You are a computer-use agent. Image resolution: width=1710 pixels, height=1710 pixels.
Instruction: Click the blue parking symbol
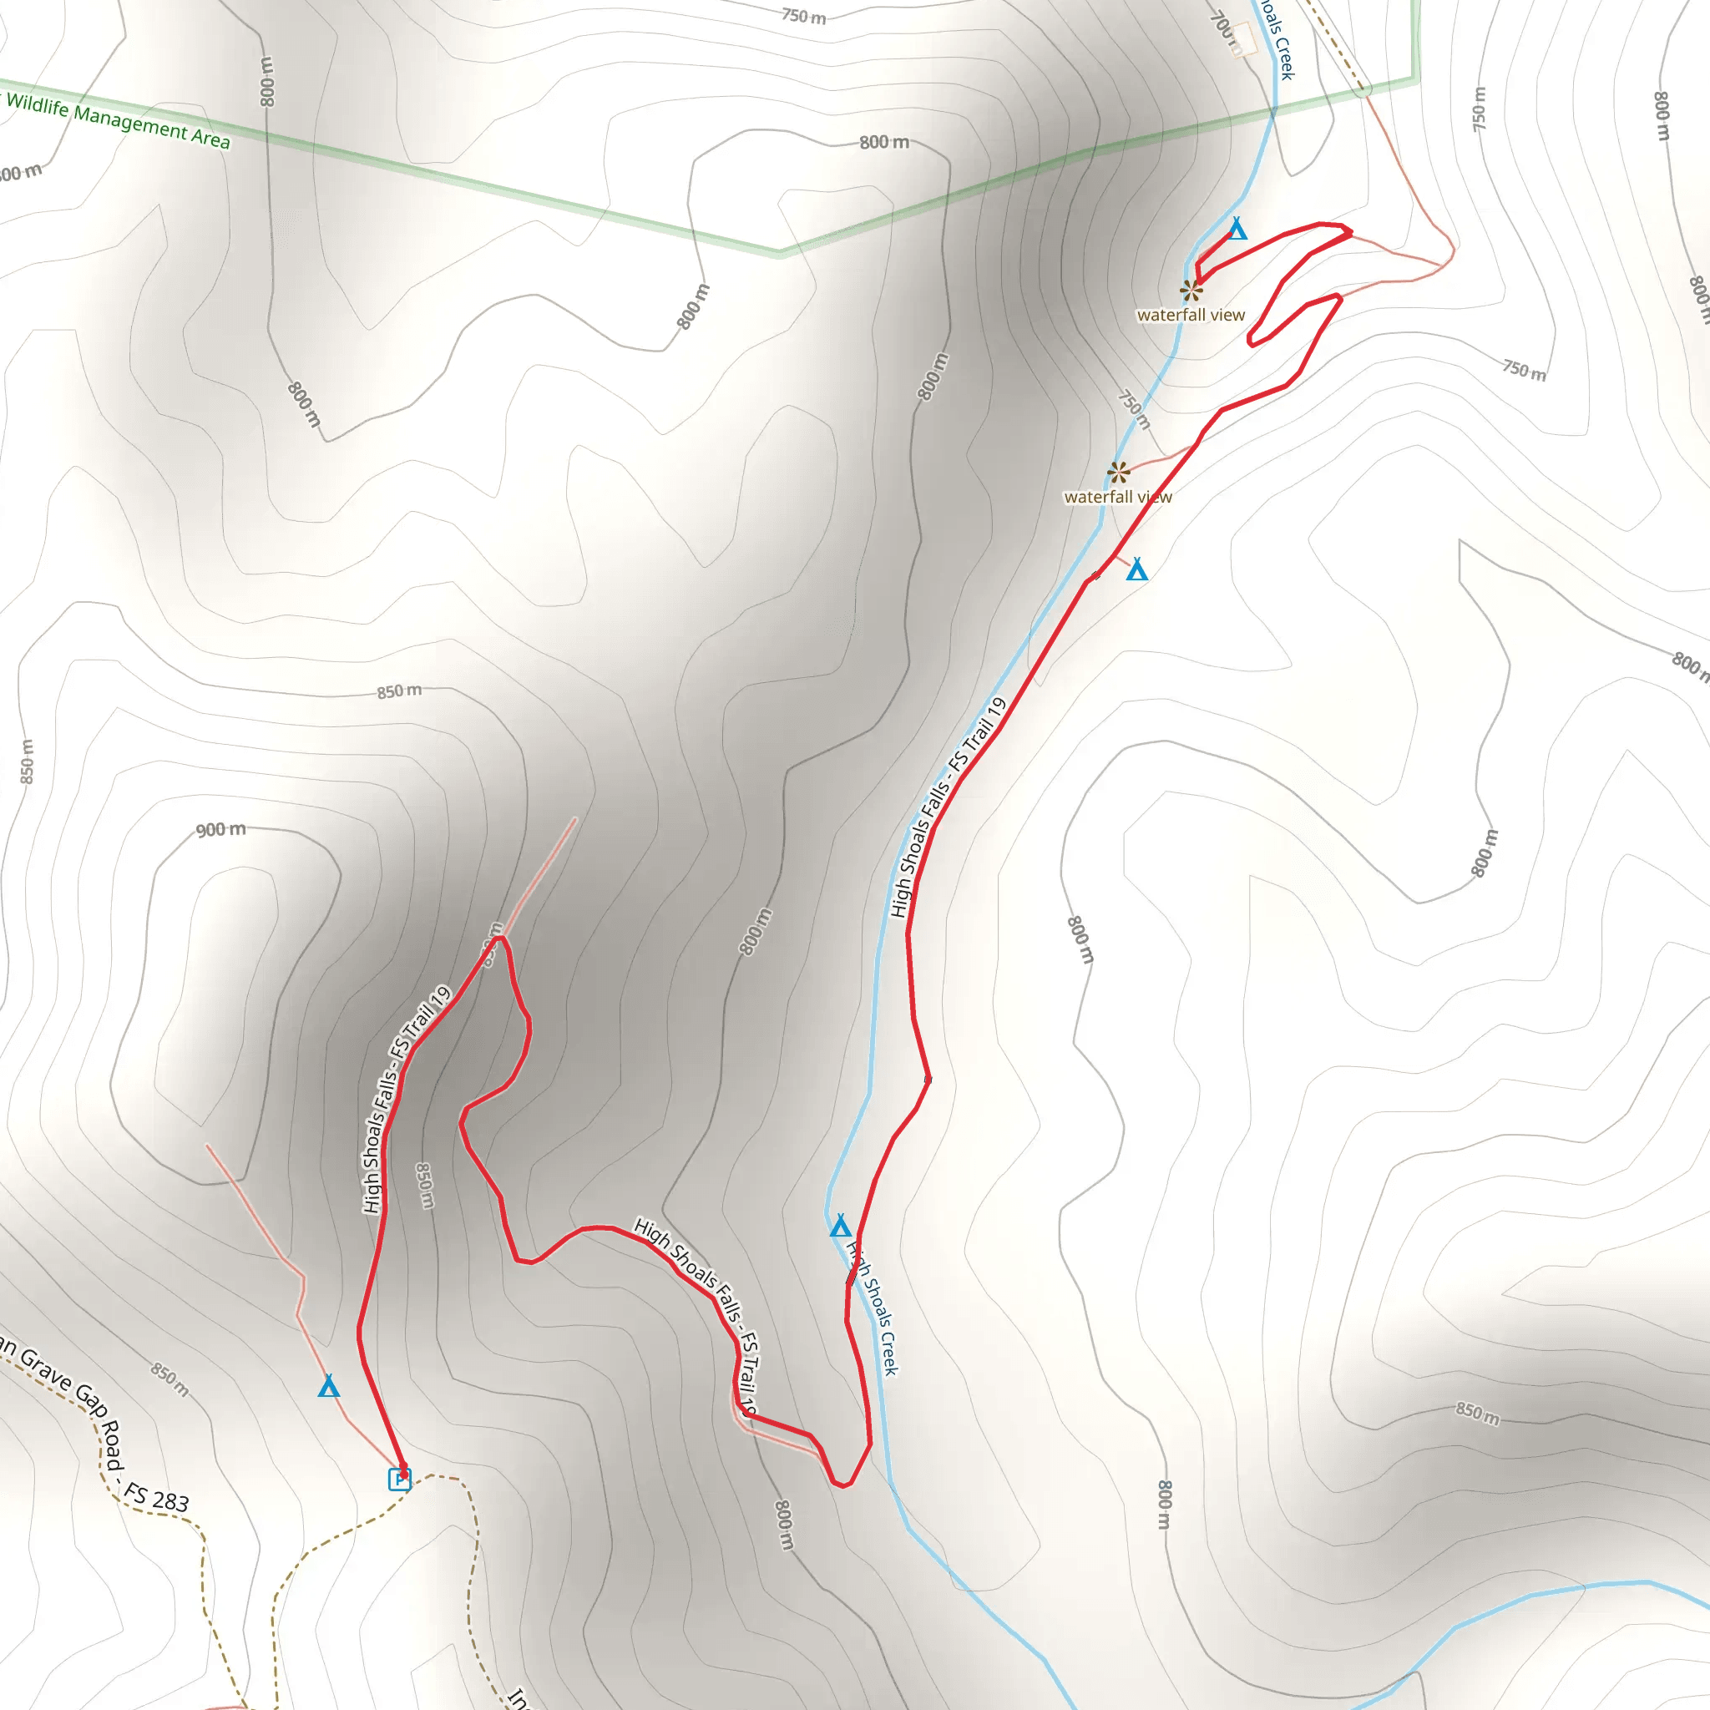[x=400, y=1479]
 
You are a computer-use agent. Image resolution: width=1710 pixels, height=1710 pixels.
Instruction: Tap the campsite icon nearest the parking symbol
[x=328, y=1385]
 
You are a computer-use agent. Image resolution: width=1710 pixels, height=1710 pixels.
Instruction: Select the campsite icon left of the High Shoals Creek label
[x=840, y=1226]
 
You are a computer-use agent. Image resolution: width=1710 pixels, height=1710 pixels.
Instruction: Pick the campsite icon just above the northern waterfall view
[x=1237, y=230]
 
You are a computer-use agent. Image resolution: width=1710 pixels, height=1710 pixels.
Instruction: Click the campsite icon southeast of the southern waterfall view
[x=1136, y=569]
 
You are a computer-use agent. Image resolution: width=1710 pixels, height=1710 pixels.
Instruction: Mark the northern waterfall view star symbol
[x=1191, y=290]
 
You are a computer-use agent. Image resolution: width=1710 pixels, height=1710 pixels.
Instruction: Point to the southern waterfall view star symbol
[x=1119, y=472]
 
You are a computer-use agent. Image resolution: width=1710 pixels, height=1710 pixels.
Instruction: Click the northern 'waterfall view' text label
[x=1191, y=315]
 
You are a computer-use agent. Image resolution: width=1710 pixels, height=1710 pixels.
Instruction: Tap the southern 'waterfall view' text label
[x=1117, y=498]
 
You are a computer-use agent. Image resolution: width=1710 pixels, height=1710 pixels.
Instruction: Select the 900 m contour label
[x=220, y=830]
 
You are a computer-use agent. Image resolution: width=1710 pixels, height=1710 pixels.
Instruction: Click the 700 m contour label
[x=1222, y=27]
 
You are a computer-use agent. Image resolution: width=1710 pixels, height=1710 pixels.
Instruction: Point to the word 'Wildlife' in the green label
[x=38, y=104]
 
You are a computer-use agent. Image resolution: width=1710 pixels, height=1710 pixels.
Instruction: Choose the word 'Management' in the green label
[x=131, y=122]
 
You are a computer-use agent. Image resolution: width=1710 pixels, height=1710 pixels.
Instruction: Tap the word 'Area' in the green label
[x=210, y=139]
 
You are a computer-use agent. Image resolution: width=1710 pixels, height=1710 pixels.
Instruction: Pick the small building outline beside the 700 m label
[x=1244, y=39]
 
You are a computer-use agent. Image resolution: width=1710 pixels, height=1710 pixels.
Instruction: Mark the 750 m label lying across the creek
[x=1134, y=409]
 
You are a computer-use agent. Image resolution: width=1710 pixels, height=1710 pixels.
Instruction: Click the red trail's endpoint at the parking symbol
[x=403, y=1470]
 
